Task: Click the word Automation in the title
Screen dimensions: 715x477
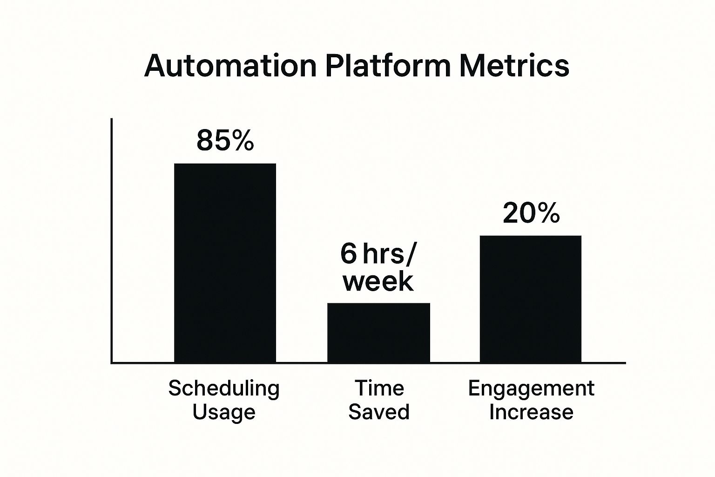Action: coord(230,66)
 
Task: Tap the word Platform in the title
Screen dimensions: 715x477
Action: coord(388,66)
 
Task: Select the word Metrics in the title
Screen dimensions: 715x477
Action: coord(514,66)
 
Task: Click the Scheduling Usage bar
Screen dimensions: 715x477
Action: coord(225,263)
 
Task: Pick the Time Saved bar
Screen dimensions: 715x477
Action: coord(378,333)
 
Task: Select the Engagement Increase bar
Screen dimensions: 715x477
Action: coord(531,300)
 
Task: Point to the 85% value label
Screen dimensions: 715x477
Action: coord(225,141)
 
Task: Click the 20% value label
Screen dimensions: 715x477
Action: coord(531,213)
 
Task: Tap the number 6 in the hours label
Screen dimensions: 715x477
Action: coord(348,253)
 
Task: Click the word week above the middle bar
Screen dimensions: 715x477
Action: coord(378,281)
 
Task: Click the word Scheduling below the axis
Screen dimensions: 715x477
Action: coord(224,389)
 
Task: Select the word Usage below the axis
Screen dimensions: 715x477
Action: coord(224,412)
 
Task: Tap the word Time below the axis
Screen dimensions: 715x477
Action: coord(379,388)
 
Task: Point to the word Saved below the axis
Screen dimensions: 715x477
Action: coord(379,411)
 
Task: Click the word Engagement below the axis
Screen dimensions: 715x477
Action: coord(531,389)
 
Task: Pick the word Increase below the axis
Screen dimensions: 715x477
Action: coord(531,412)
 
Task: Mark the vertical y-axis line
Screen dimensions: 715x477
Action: coord(111,241)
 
